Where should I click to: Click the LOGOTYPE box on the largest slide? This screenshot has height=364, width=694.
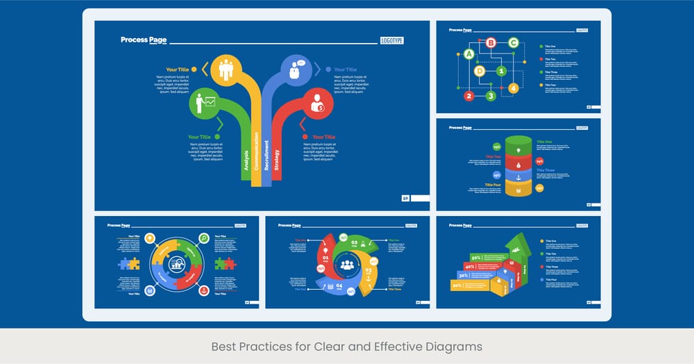point(392,40)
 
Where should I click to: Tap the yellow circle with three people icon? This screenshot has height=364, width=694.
point(226,69)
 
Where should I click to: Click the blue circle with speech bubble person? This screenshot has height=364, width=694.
point(296,69)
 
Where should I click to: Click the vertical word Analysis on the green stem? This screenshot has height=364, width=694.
point(246,159)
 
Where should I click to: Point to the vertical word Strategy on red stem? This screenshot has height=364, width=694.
point(277,160)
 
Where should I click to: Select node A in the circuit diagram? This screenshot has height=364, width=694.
point(469,54)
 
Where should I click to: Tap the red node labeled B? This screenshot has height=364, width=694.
point(491,43)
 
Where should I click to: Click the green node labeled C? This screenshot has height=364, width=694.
point(514,43)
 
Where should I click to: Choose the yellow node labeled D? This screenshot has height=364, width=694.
point(480,71)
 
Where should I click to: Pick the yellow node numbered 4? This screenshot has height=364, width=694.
point(514,88)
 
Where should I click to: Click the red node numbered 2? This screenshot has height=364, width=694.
point(469,96)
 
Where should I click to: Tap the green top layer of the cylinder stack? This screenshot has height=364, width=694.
point(518,144)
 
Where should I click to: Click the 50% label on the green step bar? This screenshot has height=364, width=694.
point(477,257)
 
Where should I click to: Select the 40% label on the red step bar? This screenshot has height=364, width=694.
point(470,266)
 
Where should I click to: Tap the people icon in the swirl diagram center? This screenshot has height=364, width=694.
point(347,265)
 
